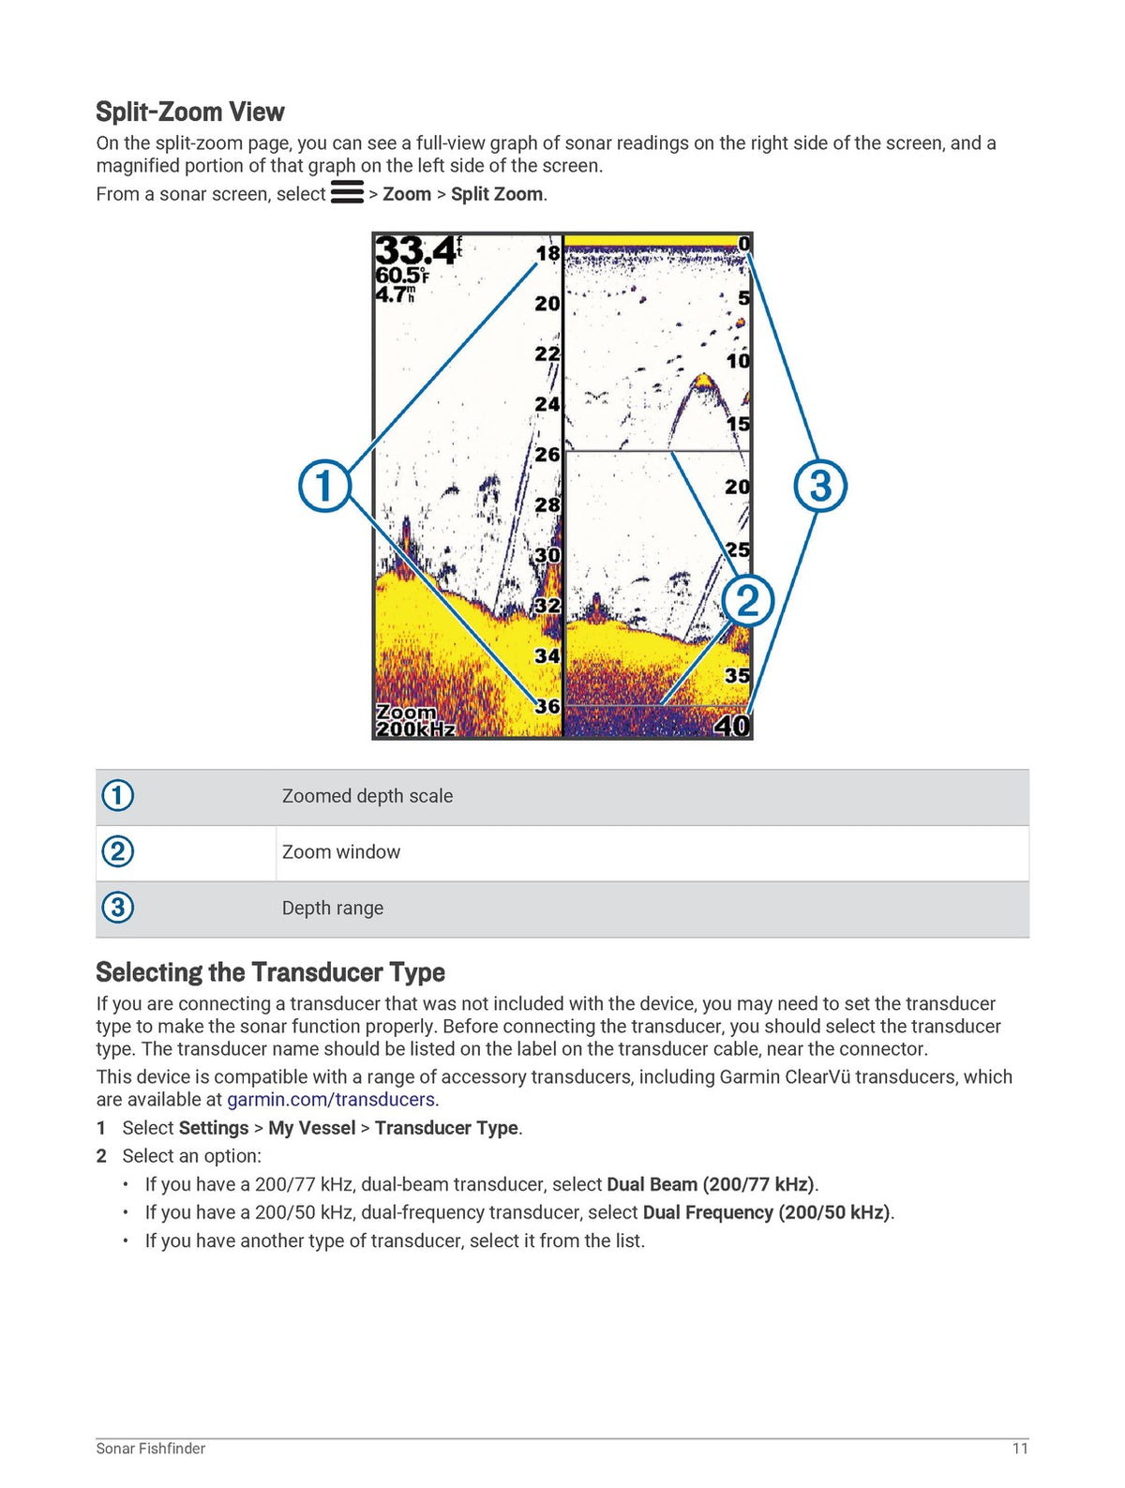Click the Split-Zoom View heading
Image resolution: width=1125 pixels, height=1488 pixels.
[x=189, y=112]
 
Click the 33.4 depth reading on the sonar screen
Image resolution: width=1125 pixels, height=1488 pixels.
[x=415, y=250]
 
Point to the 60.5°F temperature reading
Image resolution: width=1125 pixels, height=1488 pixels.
[x=401, y=276]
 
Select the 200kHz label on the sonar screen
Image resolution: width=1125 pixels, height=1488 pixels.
[x=415, y=729]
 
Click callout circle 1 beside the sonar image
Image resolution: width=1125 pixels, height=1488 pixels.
[x=325, y=486]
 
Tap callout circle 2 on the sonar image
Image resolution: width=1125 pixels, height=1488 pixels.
[x=747, y=601]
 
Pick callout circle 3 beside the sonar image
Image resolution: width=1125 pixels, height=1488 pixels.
[x=820, y=486]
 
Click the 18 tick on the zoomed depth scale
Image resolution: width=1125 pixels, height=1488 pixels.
[x=547, y=253]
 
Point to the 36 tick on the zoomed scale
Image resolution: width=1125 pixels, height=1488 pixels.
[x=547, y=706]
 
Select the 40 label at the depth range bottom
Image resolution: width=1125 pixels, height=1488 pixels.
[x=732, y=726]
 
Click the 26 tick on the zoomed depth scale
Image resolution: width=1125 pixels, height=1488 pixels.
[x=547, y=454]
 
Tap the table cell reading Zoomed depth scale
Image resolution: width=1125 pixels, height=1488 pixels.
[x=367, y=796]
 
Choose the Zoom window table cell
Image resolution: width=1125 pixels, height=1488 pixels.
[x=341, y=851]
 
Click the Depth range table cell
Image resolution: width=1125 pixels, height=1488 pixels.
[x=333, y=908]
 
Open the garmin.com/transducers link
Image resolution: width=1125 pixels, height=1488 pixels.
[x=330, y=1099]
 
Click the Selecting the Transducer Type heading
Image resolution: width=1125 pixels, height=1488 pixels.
[x=270, y=972]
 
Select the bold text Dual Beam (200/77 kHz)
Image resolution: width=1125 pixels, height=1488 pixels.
[x=711, y=1183]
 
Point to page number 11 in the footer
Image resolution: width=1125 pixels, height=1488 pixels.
[x=1020, y=1449]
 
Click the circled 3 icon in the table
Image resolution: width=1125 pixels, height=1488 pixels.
[x=118, y=907]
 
